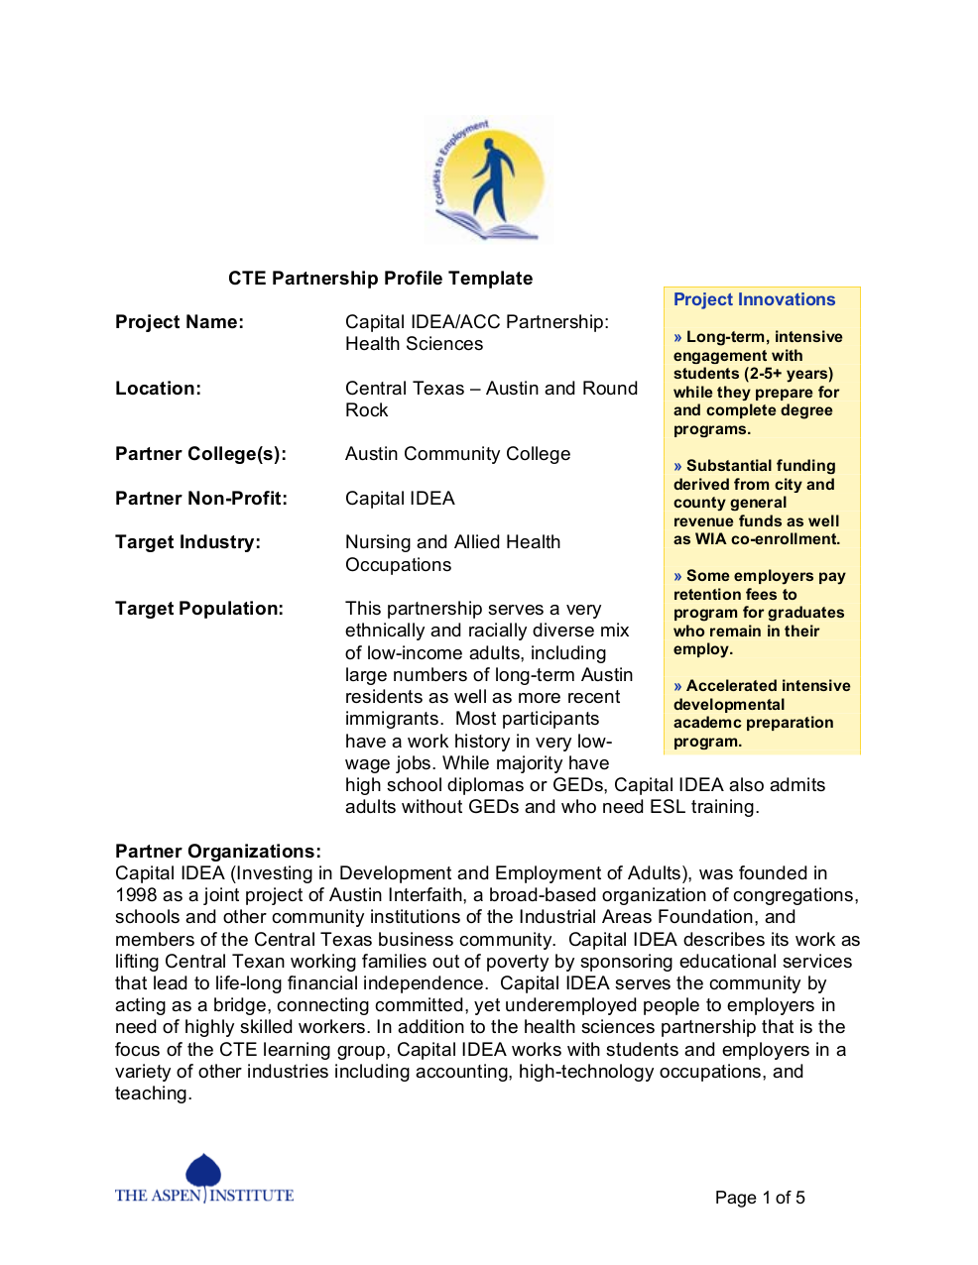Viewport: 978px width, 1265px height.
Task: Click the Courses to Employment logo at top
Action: point(488,179)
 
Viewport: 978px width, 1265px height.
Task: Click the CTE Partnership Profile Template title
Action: point(380,279)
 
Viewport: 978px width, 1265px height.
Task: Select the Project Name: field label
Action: point(180,322)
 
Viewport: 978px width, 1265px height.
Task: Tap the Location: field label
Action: point(158,389)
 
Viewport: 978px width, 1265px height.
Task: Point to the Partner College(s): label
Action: point(200,454)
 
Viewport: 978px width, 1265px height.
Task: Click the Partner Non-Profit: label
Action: point(201,499)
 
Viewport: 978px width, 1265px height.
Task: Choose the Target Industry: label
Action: point(187,542)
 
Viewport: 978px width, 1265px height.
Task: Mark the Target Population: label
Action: point(199,609)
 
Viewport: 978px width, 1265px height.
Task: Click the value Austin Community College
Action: point(457,454)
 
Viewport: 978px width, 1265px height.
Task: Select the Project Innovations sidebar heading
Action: point(754,299)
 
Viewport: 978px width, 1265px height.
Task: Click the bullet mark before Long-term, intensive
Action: point(677,338)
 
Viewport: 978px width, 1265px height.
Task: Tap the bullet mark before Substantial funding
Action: point(677,466)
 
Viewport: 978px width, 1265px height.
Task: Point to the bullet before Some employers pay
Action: point(677,576)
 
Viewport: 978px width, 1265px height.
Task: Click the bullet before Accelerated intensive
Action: point(677,686)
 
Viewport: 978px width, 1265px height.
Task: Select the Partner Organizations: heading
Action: point(218,852)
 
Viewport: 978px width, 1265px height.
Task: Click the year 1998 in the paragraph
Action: point(136,895)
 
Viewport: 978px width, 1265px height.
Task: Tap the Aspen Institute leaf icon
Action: point(203,1170)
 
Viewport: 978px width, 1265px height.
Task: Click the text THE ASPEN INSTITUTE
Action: point(204,1196)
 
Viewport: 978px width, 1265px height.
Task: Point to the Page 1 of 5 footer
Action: point(760,1198)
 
